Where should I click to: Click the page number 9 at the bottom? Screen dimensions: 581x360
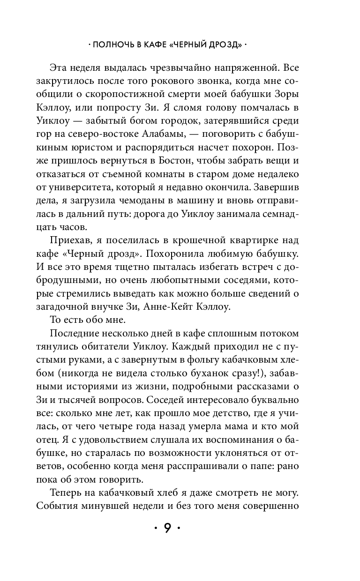168,528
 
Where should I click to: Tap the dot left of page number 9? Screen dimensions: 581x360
156,529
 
